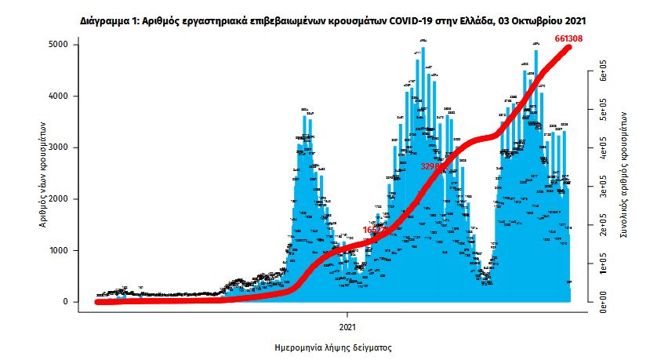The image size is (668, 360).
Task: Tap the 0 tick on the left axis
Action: coord(72,302)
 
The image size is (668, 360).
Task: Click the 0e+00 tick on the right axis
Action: coord(603,302)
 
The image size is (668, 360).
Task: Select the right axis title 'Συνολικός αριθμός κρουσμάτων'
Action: coord(626,173)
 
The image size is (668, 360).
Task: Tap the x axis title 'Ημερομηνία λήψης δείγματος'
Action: coord(333,346)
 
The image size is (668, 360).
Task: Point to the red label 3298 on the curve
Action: coord(432,166)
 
